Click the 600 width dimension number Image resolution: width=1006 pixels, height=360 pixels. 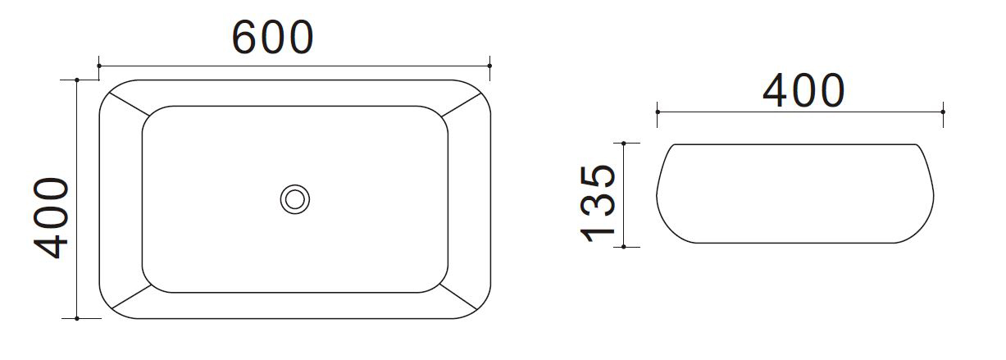click(272, 37)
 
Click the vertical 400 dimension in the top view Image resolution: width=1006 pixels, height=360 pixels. click(51, 218)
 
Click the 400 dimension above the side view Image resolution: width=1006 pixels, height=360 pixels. click(804, 91)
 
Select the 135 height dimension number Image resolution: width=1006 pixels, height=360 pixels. click(598, 203)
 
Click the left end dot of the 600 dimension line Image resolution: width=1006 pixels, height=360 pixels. click(99, 66)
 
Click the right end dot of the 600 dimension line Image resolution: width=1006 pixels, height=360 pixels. click(489, 66)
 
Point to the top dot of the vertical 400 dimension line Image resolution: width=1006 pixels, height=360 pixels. click(77, 80)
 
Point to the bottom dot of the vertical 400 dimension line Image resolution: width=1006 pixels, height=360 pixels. click(77, 319)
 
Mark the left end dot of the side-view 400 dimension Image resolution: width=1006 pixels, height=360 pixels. click(658, 112)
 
